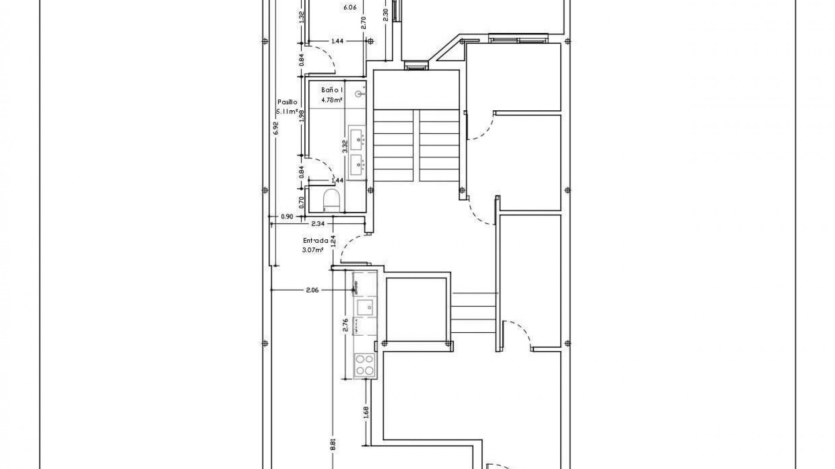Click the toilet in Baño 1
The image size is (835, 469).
click(331, 201)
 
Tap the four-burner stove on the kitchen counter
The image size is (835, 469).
click(364, 364)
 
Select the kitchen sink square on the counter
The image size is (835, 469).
click(364, 308)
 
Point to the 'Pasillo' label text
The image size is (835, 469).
click(287, 102)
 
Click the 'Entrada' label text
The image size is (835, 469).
click(315, 240)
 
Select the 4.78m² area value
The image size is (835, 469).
click(332, 100)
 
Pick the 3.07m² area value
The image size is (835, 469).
click(313, 250)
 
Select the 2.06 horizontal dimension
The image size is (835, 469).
click(312, 290)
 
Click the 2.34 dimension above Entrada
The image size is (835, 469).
click(318, 224)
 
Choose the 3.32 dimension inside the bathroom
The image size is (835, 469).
click(345, 146)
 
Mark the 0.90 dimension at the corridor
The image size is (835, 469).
click(287, 216)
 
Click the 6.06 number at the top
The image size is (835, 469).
click(350, 7)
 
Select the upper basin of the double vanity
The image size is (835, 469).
click(357, 137)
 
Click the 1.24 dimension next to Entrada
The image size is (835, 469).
click(333, 241)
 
